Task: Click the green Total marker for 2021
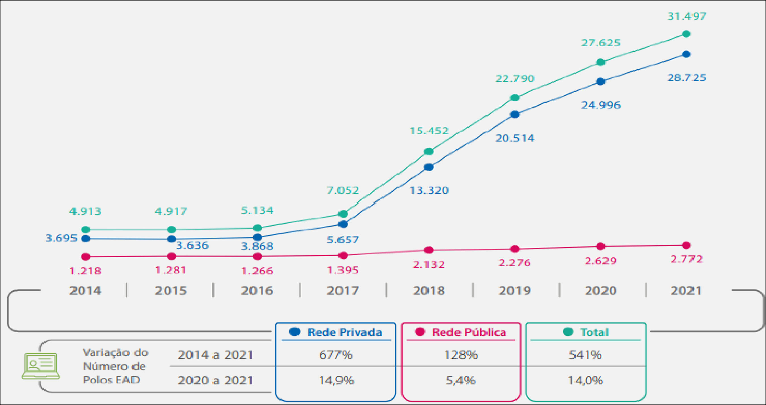coord(686,34)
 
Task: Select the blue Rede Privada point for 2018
coord(428,167)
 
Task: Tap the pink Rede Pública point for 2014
coord(86,256)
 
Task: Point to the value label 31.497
coord(686,16)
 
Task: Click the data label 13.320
coord(429,191)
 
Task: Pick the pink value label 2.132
coord(428,264)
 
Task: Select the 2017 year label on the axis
coord(343,291)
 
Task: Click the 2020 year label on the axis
coord(601,291)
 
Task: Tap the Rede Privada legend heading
coord(344,332)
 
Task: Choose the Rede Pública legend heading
coord(469,332)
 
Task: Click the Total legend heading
coord(594,332)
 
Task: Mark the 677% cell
coord(336,355)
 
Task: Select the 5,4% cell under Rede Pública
coord(461,380)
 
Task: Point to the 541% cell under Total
coord(585,355)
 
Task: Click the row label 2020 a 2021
coord(215,380)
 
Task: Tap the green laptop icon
coord(41,366)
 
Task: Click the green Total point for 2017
coord(343,214)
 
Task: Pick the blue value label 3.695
coord(61,238)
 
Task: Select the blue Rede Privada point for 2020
coord(601,82)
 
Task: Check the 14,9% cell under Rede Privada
coord(336,380)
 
